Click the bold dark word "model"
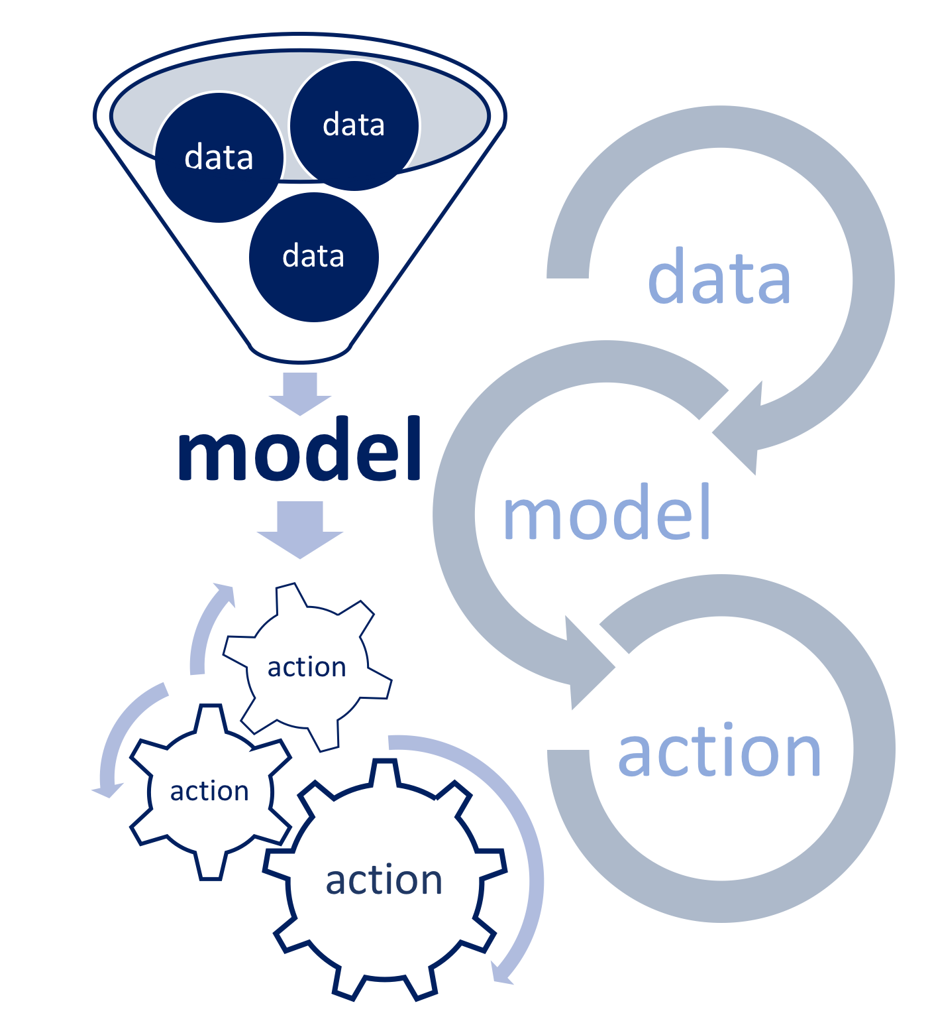coord(299,450)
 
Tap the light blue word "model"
coord(606,512)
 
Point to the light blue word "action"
coord(719,751)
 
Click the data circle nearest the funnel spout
coord(314,257)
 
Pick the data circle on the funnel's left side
coord(219,158)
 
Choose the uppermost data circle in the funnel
coord(354,125)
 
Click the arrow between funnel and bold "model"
coord(300,393)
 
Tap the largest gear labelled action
coord(384,880)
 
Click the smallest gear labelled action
coord(210,792)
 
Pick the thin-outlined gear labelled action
coord(307,667)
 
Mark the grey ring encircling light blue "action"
coord(874,749)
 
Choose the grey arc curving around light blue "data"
coord(874,278)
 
